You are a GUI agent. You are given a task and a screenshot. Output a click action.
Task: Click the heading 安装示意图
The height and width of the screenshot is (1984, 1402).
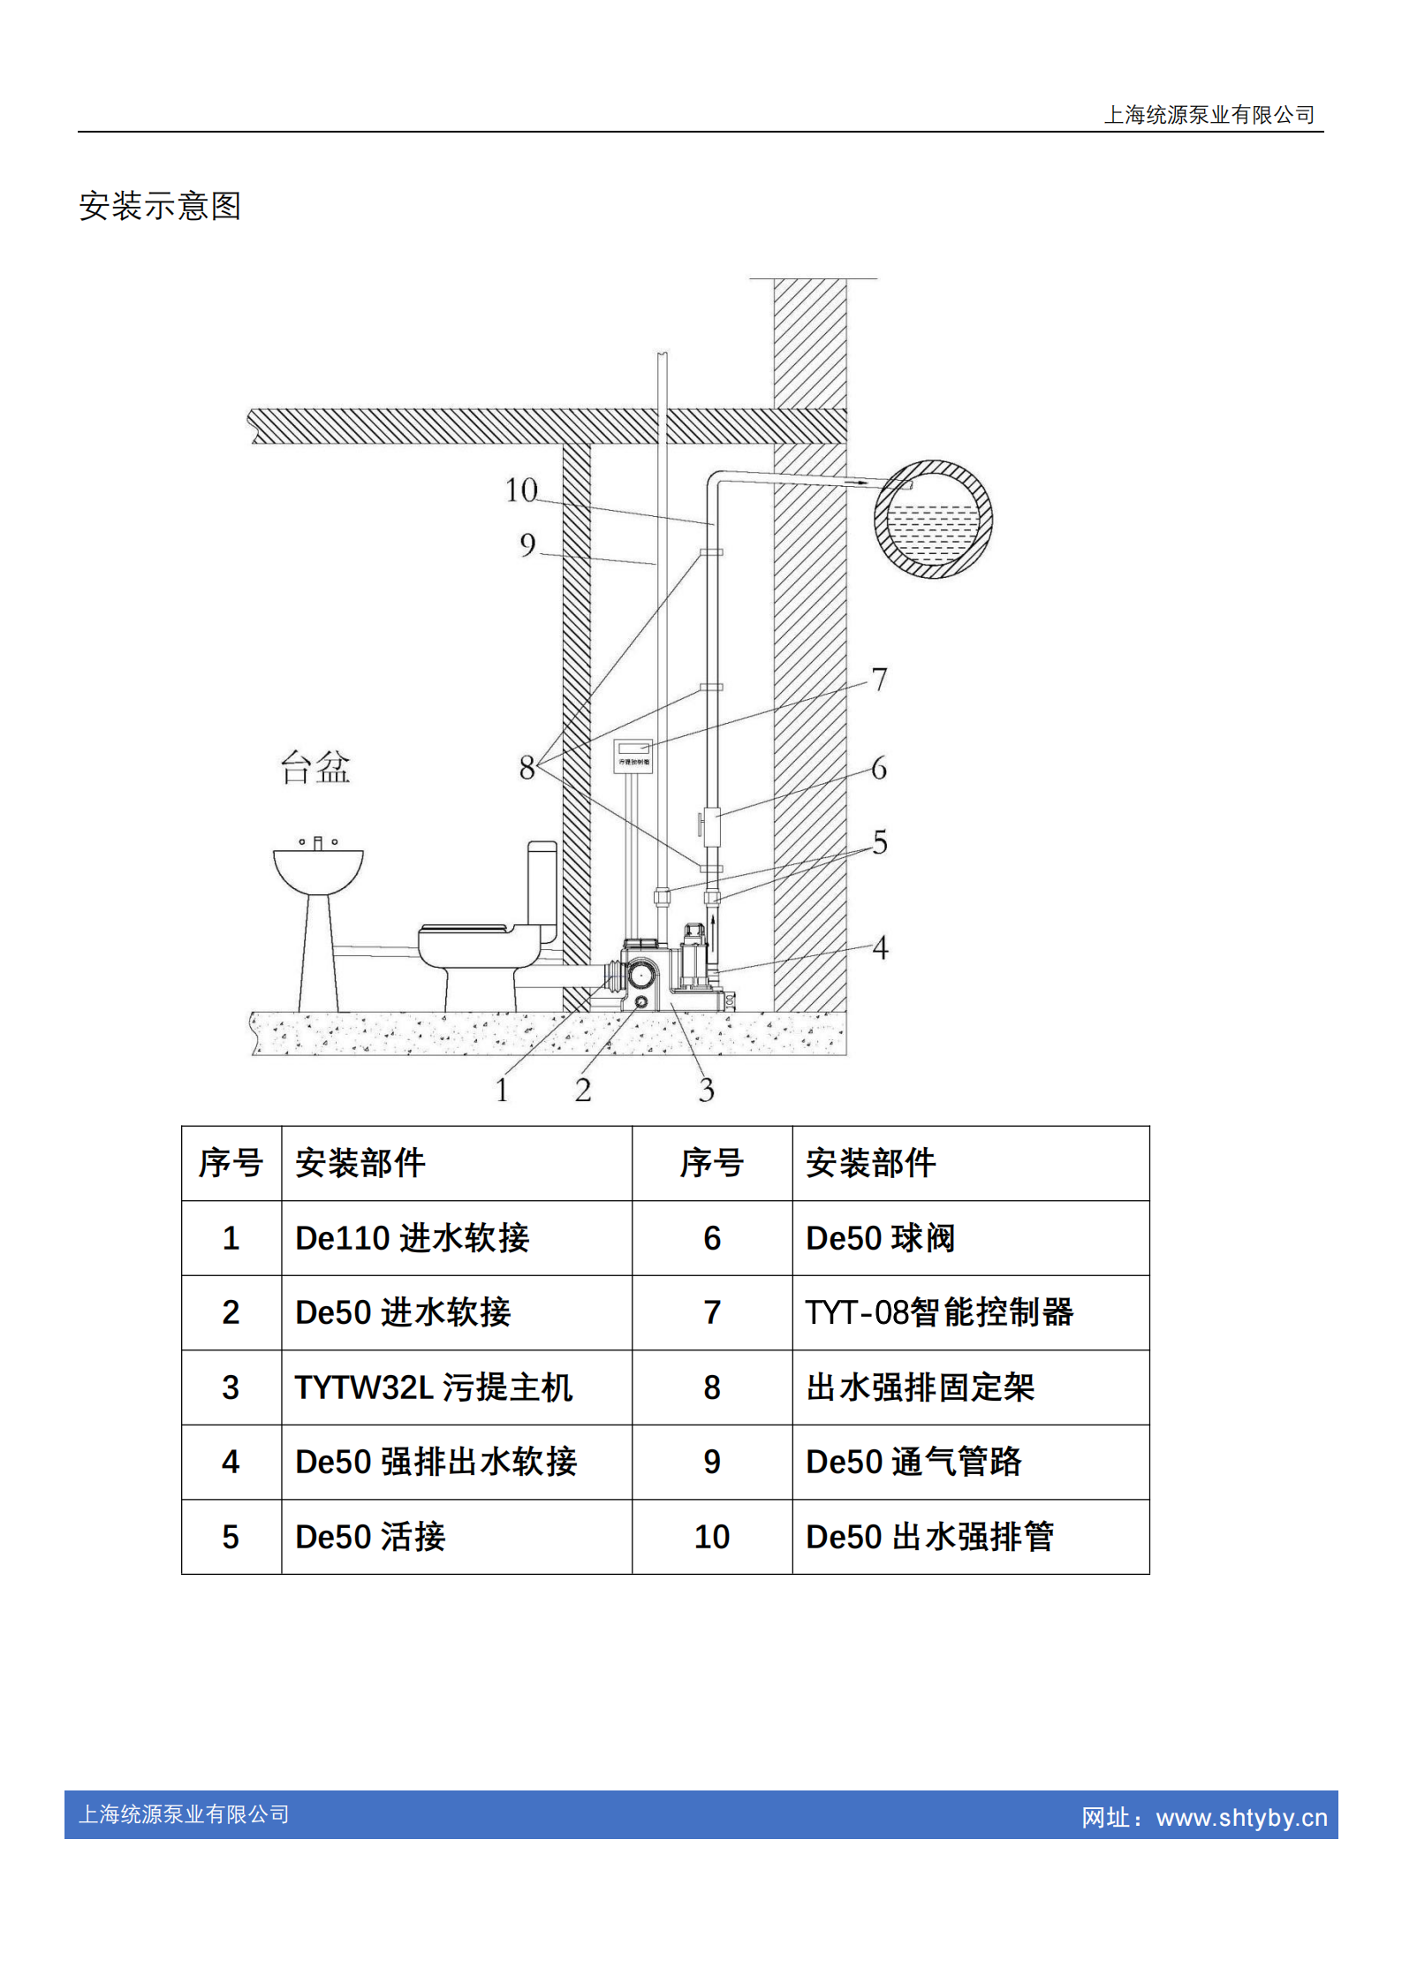click(160, 206)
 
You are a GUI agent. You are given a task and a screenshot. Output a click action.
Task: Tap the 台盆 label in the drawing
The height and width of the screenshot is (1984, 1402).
click(315, 767)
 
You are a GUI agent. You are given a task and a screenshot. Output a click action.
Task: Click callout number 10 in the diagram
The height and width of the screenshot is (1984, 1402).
click(521, 490)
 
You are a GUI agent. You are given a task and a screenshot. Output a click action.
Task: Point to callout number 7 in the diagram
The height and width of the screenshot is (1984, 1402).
click(879, 680)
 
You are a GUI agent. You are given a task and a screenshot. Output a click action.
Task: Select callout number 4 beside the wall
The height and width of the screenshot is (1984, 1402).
click(880, 948)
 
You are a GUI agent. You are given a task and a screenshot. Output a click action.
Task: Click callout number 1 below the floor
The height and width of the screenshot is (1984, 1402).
click(502, 1091)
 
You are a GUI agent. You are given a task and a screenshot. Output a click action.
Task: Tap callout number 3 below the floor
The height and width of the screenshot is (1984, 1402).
click(706, 1091)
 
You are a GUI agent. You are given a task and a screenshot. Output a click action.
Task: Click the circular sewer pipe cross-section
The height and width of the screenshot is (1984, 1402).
click(933, 519)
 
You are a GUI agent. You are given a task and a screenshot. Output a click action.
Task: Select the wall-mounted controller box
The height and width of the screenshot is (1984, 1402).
click(633, 756)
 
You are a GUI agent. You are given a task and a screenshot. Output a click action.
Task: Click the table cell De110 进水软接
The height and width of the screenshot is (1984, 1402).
click(412, 1238)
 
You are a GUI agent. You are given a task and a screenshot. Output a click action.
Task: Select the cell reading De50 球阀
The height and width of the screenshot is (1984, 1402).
click(880, 1238)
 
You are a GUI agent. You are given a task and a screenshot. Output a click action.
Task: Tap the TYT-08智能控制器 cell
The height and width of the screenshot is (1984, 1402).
click(939, 1312)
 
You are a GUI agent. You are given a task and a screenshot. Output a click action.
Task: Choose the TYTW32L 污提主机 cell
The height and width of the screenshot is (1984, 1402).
click(433, 1387)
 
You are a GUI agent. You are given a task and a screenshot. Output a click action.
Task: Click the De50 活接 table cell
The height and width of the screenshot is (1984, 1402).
click(370, 1537)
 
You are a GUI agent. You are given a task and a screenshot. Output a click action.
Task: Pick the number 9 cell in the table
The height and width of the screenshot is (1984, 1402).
click(712, 1462)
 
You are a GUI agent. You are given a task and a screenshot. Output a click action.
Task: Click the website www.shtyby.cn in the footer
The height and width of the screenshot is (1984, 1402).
click(1241, 1818)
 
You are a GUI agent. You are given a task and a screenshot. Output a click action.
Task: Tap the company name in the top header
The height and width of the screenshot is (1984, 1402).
click(1209, 115)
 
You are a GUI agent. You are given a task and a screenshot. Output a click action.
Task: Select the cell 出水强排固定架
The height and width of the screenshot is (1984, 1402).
click(920, 1387)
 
